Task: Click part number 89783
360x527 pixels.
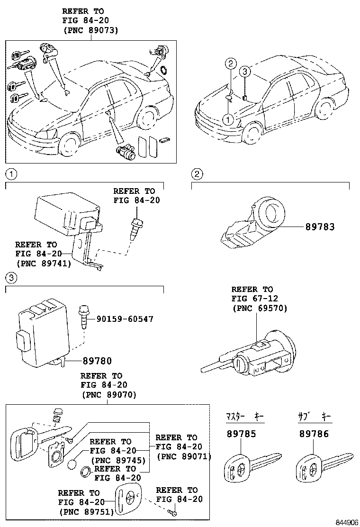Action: point(320,227)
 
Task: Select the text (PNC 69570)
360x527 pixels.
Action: point(259,308)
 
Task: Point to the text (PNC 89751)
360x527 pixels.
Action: point(86,512)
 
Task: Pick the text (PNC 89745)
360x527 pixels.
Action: point(117,460)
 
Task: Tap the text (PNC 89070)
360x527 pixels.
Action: point(109,394)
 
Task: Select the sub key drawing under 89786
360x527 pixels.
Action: point(322,467)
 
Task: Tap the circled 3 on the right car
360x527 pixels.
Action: point(243,72)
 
